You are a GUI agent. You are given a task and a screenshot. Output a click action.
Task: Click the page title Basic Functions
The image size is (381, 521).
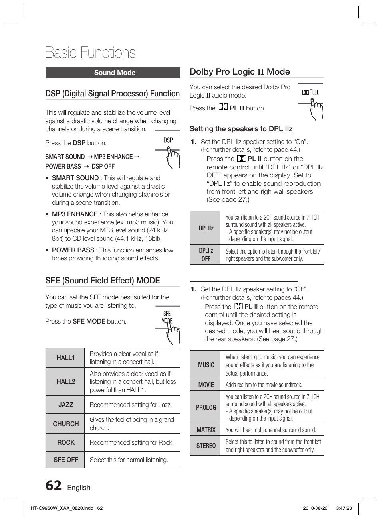point(90,53)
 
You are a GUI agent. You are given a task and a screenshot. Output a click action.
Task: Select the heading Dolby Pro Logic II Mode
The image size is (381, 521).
point(240,72)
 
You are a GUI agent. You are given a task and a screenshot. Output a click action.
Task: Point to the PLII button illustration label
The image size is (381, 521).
point(311,92)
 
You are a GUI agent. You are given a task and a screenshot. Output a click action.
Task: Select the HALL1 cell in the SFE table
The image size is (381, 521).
point(65,358)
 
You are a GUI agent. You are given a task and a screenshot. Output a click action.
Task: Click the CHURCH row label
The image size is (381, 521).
point(65,424)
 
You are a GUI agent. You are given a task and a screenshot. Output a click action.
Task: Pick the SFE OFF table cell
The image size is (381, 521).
point(65,460)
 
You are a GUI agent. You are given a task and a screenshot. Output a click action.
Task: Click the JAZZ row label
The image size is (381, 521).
point(65,405)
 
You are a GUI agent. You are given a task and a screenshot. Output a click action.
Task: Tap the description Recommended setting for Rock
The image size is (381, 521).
point(131,442)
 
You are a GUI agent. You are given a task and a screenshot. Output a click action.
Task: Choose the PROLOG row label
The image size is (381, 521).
point(206,407)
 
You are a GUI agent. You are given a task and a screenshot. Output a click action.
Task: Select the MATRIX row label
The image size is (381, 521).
point(206,430)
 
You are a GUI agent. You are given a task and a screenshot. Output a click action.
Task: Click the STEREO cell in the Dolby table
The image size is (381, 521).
point(206,446)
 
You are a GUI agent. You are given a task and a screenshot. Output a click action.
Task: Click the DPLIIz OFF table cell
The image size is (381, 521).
point(206,254)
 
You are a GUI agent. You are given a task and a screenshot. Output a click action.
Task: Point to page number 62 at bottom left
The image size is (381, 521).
point(54,486)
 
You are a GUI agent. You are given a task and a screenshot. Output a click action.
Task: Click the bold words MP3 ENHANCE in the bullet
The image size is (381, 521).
point(75,214)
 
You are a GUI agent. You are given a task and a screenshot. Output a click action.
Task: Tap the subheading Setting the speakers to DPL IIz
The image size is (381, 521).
point(241,129)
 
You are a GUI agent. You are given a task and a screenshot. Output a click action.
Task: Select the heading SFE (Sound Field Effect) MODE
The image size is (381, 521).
point(103,281)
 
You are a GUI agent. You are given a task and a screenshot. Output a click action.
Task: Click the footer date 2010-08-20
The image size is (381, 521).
point(315,508)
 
